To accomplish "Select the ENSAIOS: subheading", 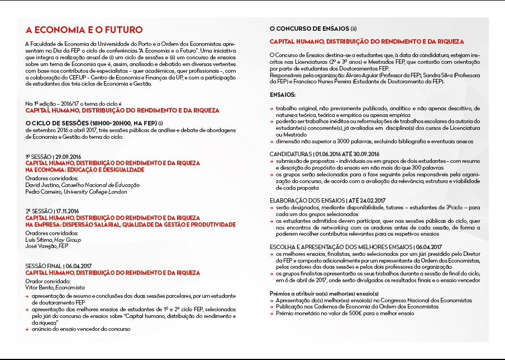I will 283,95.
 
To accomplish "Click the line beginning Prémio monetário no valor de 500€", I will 346,314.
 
